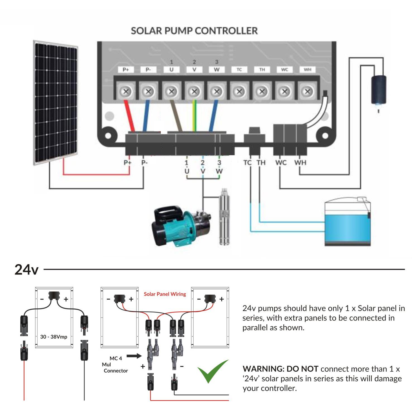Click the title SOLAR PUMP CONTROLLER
tap(194, 31)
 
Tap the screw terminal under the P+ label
tap(126, 91)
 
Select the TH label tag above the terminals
tap(262, 70)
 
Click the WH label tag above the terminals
tap(307, 70)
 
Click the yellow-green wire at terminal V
tap(195, 116)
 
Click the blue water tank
tap(348, 223)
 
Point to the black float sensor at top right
tap(379, 89)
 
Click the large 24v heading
tap(26, 270)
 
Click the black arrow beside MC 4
tap(134, 356)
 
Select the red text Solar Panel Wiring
tap(165, 294)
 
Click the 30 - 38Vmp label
tap(54, 337)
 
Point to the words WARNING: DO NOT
tap(280, 369)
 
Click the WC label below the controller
tap(281, 162)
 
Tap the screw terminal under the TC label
tap(239, 91)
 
